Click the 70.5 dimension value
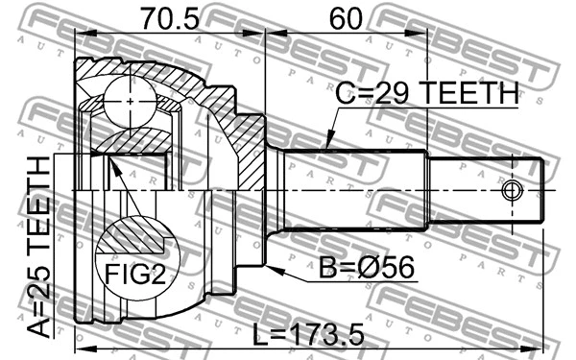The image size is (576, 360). pos(168,18)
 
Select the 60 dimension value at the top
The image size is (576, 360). pos(347,18)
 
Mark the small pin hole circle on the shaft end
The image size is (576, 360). pos(513,190)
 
